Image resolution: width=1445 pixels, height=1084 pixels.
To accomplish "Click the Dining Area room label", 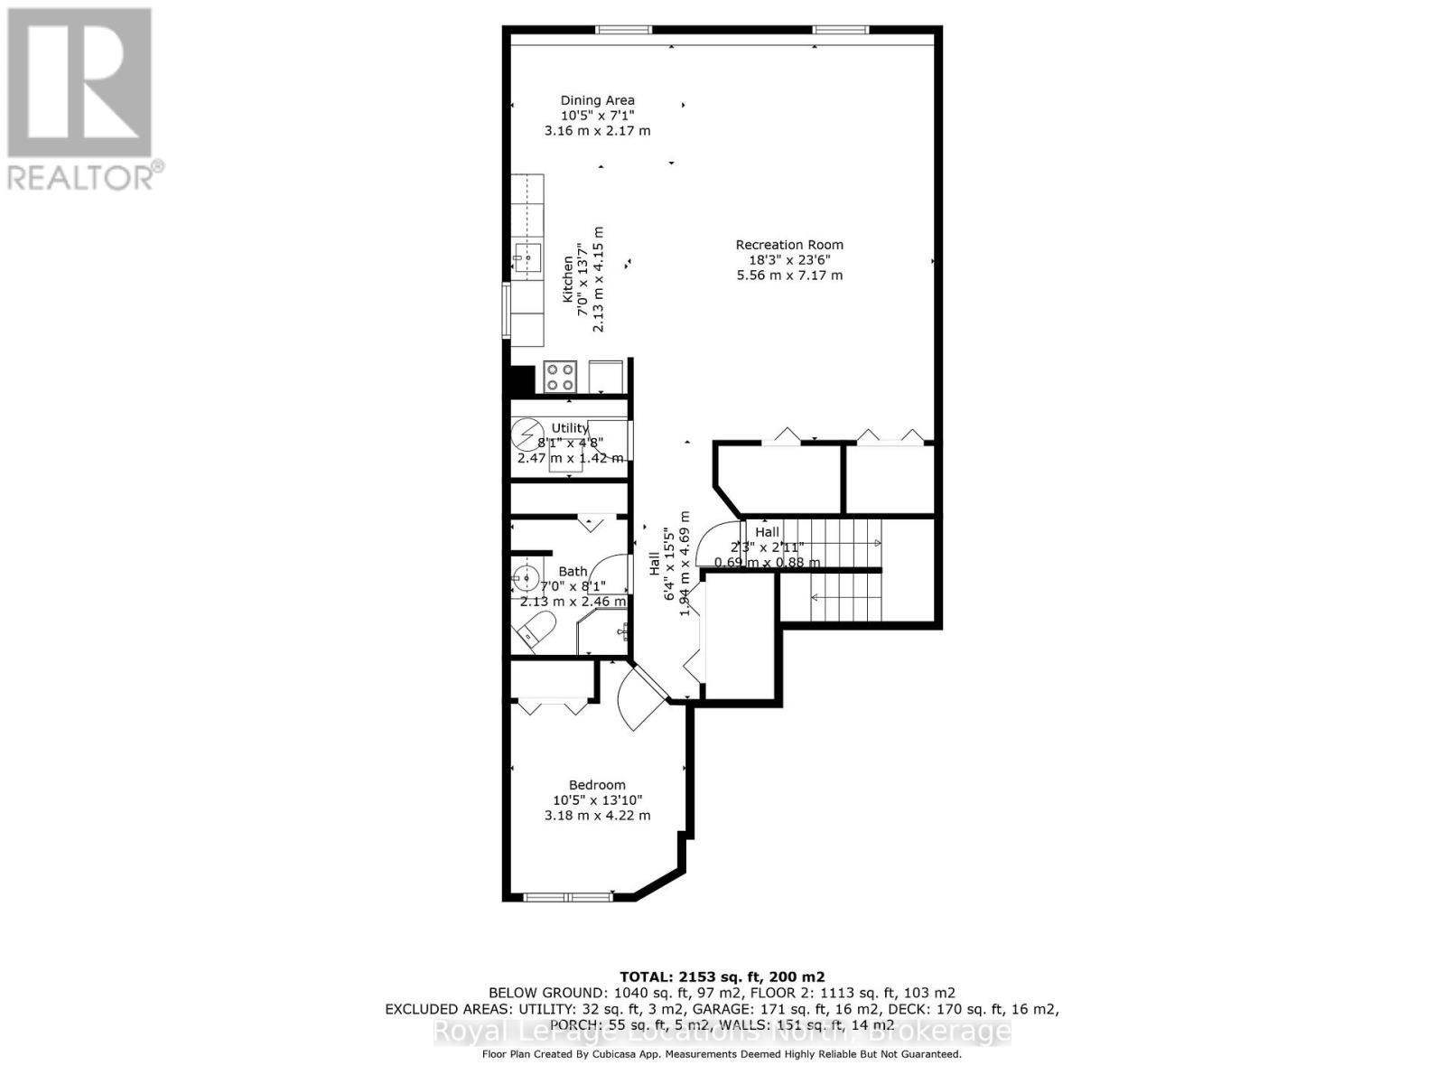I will [x=597, y=100].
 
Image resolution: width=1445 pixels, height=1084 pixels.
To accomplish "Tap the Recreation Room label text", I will [x=789, y=245].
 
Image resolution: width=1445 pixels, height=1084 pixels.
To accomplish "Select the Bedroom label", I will [x=597, y=785].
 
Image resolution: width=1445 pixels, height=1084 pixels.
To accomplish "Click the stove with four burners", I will [x=561, y=376].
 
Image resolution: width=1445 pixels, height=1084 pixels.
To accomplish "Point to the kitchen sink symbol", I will [x=527, y=257].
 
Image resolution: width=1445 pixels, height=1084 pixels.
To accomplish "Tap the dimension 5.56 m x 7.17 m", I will [x=789, y=275].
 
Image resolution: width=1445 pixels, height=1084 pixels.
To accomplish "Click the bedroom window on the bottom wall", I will [x=569, y=897].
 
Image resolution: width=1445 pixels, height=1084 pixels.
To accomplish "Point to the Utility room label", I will [x=569, y=428].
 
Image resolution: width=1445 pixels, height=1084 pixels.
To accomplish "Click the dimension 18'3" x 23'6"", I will [x=789, y=260].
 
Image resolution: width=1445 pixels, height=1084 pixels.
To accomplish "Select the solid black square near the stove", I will [x=522, y=379].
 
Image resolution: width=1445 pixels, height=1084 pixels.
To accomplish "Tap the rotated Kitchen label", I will [x=568, y=278].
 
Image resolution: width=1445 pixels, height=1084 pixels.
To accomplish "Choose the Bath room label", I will [x=573, y=571].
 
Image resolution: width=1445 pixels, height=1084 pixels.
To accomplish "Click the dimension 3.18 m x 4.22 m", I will [x=597, y=815].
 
